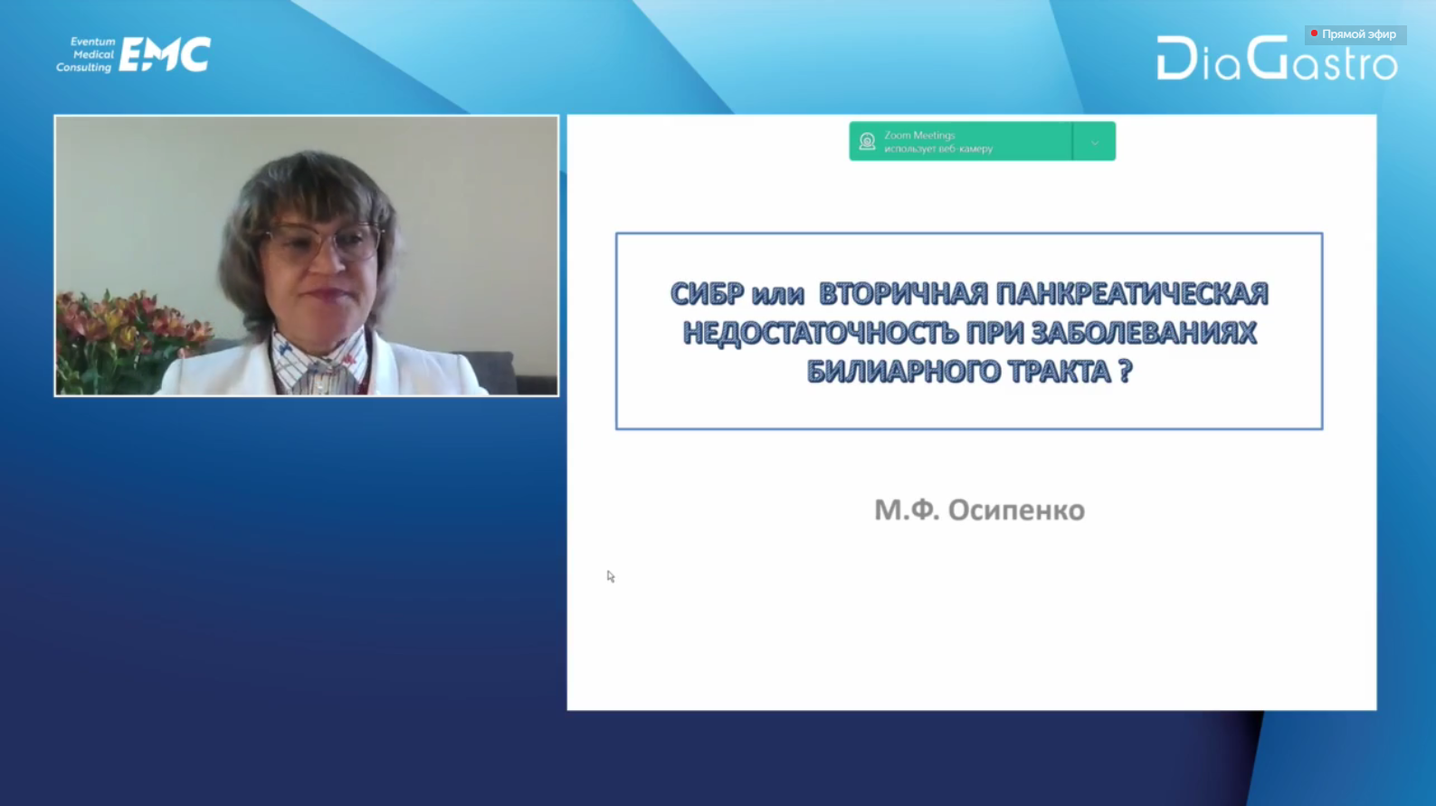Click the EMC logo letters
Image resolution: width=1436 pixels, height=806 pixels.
pos(165,54)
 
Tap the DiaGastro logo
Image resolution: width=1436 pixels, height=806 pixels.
pos(1277,58)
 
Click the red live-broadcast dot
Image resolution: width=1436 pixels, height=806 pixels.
pos(1314,33)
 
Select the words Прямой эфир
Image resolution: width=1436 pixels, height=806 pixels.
pos(1358,34)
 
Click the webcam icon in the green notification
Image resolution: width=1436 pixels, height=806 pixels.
pos(867,141)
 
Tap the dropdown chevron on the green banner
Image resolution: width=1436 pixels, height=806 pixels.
pos(1094,142)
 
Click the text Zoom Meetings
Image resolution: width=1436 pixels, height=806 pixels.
pos(919,135)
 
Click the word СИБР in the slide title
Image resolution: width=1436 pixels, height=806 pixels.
pos(707,294)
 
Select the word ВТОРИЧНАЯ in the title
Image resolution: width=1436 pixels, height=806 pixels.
pos(904,294)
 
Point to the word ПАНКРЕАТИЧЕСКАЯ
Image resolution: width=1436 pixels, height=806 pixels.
pos(1132,294)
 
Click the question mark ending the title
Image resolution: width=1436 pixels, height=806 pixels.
pos(1125,371)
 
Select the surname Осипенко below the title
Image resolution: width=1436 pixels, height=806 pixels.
pos(1016,510)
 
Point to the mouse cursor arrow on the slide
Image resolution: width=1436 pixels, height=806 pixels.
pos(610,576)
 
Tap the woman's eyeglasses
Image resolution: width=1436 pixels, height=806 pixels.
pos(325,242)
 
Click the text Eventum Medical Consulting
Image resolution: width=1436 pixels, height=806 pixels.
pos(85,54)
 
